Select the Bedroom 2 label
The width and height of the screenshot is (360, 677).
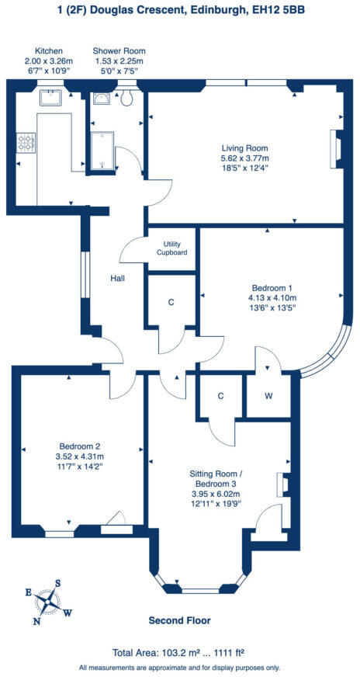[81, 446]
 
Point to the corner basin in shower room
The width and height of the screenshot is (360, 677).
[101, 99]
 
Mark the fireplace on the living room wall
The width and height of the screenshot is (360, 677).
[336, 148]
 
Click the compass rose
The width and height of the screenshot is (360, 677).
[48, 600]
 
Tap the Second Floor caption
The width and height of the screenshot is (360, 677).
[179, 620]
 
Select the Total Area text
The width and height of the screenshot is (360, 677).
[179, 652]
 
